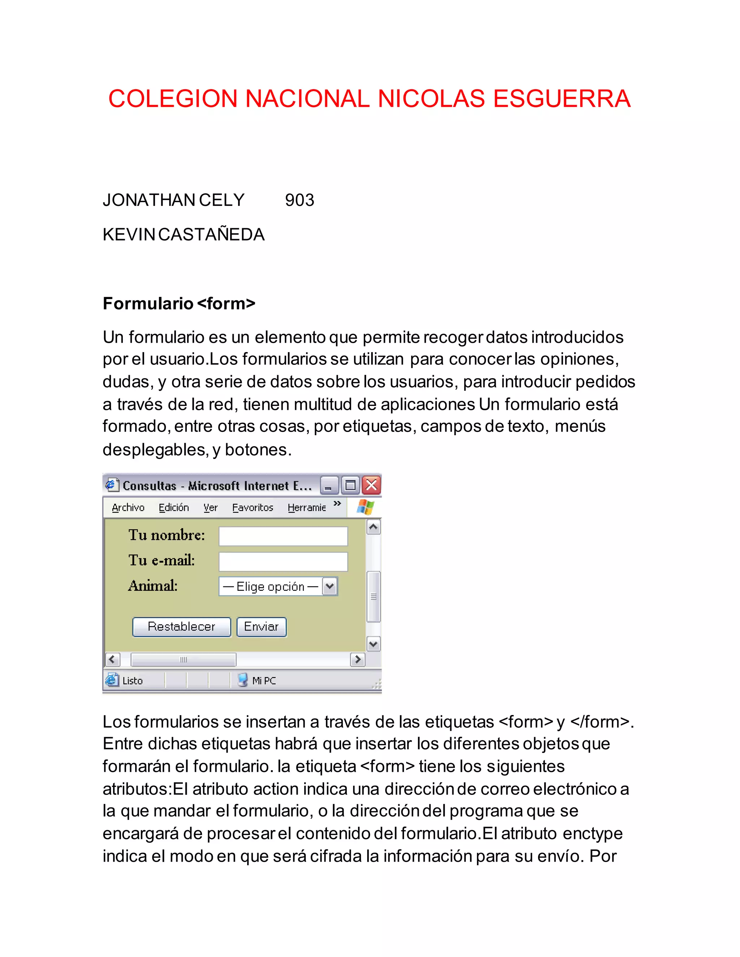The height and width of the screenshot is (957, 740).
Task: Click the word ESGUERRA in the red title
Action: [562, 99]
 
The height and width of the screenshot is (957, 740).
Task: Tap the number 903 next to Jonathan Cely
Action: [300, 200]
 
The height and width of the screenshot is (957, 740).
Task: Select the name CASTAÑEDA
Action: [211, 235]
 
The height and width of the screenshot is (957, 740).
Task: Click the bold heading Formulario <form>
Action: [179, 303]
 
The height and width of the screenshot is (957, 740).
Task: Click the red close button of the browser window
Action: [371, 485]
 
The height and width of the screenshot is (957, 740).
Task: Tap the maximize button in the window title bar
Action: [350, 485]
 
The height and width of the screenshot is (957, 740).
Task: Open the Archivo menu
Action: [128, 507]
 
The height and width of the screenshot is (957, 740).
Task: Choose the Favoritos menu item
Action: [253, 507]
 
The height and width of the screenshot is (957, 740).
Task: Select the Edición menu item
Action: [173, 507]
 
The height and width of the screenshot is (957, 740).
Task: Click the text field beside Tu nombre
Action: [283, 536]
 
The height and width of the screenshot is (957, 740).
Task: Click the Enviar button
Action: [261, 627]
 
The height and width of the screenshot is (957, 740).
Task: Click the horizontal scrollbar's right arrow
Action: [358, 659]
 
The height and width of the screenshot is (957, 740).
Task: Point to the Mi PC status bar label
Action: [263, 680]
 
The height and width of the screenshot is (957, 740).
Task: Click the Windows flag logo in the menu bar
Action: [365, 507]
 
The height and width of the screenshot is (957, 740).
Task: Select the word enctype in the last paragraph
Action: [592, 833]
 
